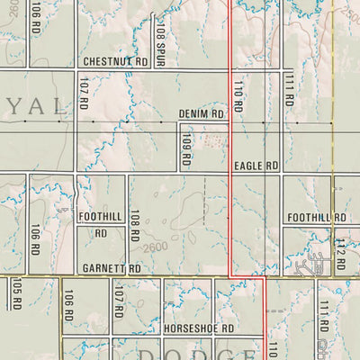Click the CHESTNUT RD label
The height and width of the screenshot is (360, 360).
tap(114, 61)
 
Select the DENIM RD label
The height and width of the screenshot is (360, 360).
tap(200, 114)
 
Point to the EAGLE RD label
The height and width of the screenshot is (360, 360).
tap(256, 166)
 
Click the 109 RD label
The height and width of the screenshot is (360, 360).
tap(185, 148)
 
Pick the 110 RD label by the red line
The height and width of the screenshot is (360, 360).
tap(238, 94)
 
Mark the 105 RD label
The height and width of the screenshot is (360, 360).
tap(16, 293)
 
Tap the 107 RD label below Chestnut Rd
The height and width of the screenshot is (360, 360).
tap(83, 94)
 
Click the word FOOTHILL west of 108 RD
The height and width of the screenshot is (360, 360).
tap(99, 217)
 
